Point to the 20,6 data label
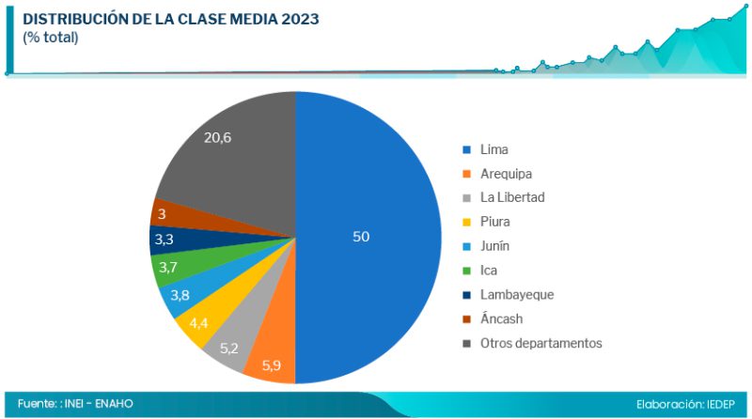pos(217,138)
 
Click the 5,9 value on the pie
pos(272,365)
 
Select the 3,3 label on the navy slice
pos(164,241)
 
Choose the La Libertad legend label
pos(512,197)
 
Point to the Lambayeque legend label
pos(517,294)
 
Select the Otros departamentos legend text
pos(540,343)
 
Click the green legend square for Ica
pos(466,271)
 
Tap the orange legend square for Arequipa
pos(466,174)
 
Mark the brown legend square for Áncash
pos(466,319)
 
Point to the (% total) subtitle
pos(51,38)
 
